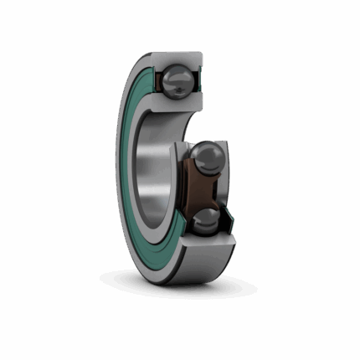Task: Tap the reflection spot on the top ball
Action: [x=172, y=75]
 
